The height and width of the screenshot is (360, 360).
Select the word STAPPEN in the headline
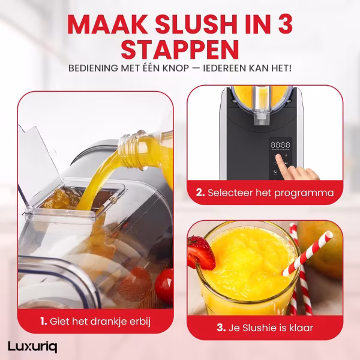click(x=180, y=50)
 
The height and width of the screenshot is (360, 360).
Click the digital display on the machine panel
click(x=280, y=145)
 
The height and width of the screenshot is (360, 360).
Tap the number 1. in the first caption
click(x=43, y=321)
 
